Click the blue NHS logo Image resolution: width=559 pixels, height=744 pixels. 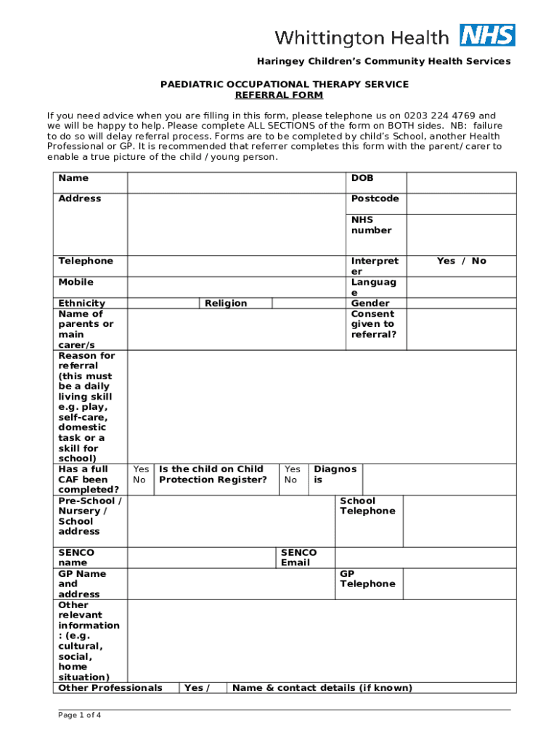coord(487,36)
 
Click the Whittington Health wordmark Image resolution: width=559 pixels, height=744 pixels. coord(362,37)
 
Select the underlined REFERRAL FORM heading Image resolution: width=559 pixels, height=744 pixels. coord(279,95)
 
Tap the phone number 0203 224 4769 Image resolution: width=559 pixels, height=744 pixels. coord(423,116)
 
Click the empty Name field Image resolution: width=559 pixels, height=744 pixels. coord(237,182)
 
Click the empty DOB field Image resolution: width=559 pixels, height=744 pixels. coord(461,182)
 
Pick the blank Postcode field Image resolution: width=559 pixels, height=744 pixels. coord(461,203)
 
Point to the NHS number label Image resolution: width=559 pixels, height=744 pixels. coord(371,225)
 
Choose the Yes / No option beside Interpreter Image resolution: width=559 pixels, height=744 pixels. coord(461,261)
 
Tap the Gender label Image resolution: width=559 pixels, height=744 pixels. coord(370,303)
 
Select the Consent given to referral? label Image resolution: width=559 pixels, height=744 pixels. coord(373,324)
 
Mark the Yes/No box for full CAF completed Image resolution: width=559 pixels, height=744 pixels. coord(141,474)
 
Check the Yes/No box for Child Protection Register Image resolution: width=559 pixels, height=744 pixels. coord(292,474)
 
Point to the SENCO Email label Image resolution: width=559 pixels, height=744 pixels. coord(298,557)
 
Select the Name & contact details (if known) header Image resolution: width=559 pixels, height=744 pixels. coord(322,687)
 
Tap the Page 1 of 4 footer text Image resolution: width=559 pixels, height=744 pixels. coord(80,715)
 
